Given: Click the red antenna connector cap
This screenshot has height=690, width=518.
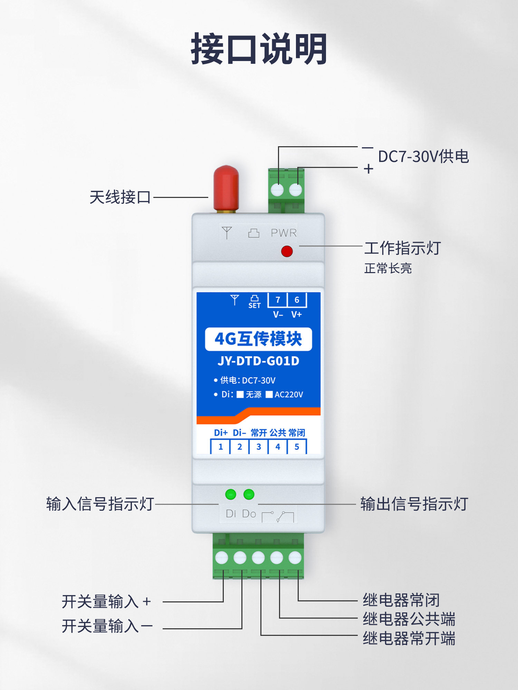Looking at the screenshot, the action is pos(226,188).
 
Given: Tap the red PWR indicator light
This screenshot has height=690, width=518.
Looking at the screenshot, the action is pos(287,251).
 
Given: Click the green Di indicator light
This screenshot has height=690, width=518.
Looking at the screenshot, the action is pos(230,494).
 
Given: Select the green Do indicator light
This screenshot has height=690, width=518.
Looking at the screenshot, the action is pos(249,494).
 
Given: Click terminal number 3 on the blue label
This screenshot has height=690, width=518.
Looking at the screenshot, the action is pos(259,447).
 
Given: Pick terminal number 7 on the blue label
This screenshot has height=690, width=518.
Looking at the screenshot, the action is pos(278,300).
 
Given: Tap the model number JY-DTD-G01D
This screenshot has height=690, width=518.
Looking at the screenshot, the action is pos(258,361).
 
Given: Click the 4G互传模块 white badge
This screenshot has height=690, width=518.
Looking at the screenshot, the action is pos(258,339).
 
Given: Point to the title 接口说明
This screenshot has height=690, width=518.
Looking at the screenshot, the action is pos(259,49).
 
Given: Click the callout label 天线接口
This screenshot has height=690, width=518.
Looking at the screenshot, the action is pos(120,197).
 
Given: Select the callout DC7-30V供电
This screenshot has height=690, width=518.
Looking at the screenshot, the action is pos(423,157).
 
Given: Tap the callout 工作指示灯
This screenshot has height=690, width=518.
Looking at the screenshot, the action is pos(402,248).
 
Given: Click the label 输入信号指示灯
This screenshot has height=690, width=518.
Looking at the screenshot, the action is pos(100,504).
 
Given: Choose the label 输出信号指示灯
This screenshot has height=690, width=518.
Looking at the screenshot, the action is pos(414,504).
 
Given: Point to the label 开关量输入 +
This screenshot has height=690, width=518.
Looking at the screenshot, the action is pos(106,602).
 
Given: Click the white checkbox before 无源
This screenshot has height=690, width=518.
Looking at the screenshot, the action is pos(240,394).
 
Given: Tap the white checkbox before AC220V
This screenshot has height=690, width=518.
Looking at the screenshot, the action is pos(269,394).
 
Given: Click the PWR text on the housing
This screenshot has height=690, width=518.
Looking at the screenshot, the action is pos(284,233).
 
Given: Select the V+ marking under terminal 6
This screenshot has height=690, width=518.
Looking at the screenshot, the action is pos(296,314).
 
